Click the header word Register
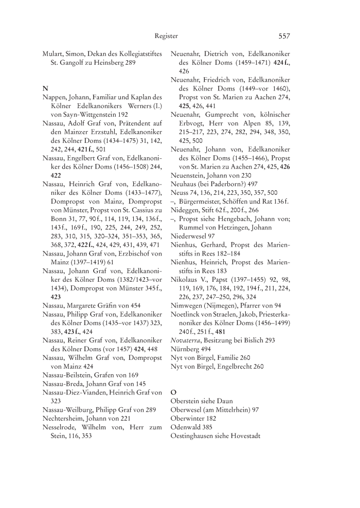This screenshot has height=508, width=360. click(166, 36)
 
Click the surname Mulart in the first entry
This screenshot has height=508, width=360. click(53, 53)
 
